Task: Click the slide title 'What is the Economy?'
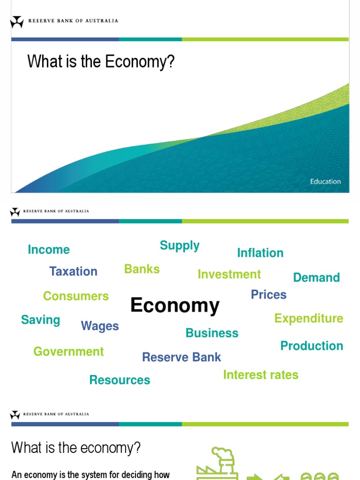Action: coord(101,61)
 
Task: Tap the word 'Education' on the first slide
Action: coord(325,181)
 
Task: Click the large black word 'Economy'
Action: coord(175,306)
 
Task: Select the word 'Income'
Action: coord(49,250)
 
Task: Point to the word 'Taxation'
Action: coord(73,271)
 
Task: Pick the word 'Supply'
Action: coord(180,246)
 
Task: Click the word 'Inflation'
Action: coord(260,253)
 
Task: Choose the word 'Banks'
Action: coord(142,269)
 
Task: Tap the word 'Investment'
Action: coord(229,274)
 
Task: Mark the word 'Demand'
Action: coord(316,277)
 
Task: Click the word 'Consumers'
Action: coord(75,296)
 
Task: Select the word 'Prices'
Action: coord(269,295)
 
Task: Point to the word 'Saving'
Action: coord(41,320)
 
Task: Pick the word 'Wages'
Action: coord(100,326)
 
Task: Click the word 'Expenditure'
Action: coord(308,319)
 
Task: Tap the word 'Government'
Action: coord(68,352)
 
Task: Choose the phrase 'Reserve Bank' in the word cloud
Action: coord(181,357)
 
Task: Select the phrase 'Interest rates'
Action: coord(261,375)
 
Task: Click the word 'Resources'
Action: coord(120,380)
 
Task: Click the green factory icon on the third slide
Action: coord(217,464)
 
